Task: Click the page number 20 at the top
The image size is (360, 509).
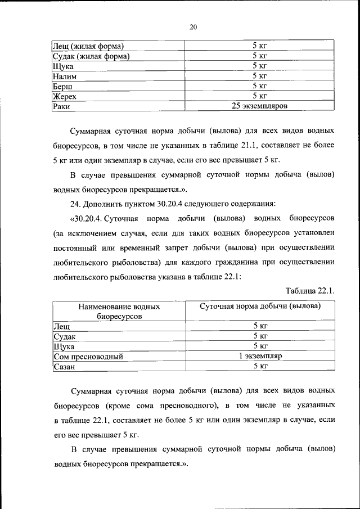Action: click(x=193, y=26)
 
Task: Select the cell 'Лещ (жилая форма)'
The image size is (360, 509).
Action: click(x=88, y=46)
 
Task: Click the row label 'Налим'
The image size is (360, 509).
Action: click(x=64, y=76)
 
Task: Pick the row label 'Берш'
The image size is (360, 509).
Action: click(x=62, y=86)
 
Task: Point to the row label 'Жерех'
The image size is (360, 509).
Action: click(x=64, y=96)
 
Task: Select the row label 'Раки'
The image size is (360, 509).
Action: click(x=61, y=106)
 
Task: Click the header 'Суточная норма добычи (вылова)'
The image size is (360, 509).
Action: click(x=260, y=307)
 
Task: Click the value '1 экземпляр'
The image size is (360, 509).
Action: click(x=259, y=356)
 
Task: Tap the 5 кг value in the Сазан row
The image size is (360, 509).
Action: click(x=259, y=366)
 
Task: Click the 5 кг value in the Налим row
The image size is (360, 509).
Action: click(x=259, y=75)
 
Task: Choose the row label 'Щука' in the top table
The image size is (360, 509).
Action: click(x=63, y=66)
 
